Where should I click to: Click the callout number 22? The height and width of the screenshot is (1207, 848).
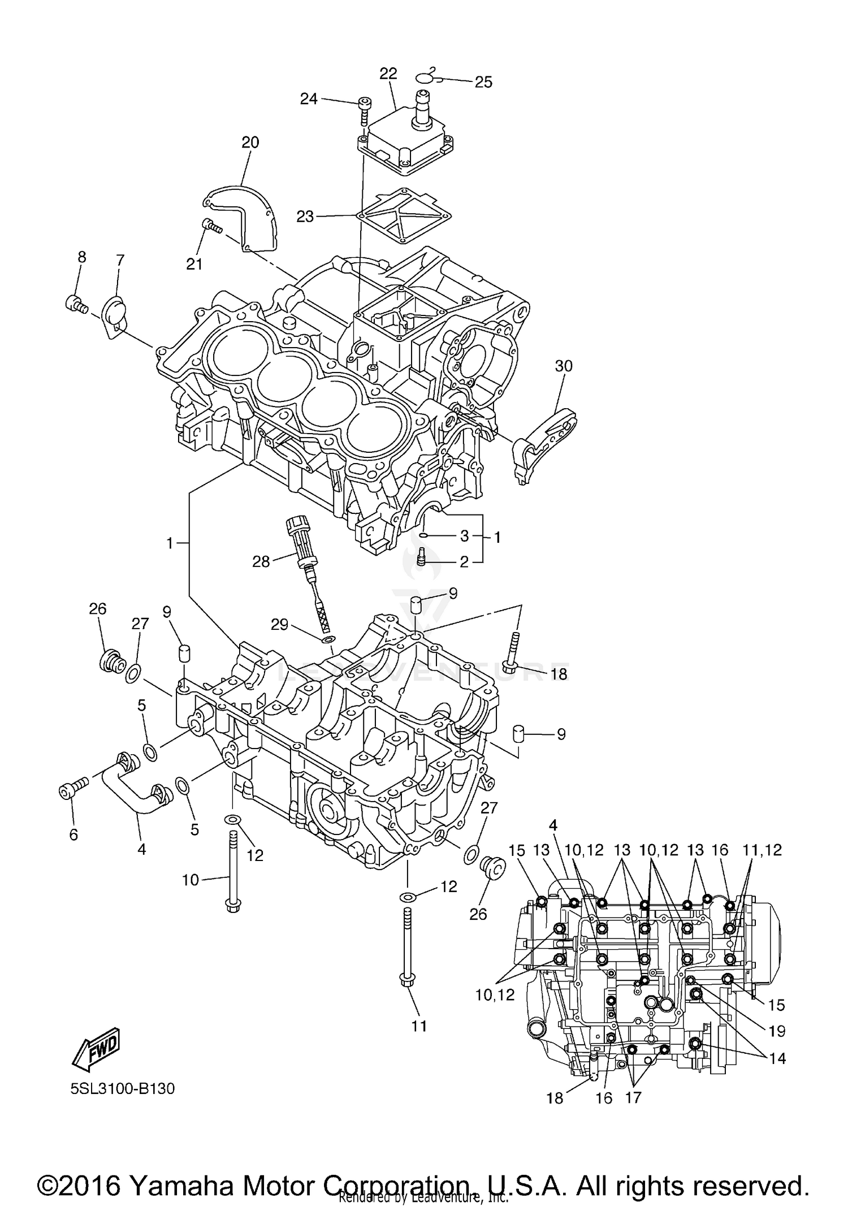pos(388,74)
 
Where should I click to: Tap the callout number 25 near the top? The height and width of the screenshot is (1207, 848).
pos(483,83)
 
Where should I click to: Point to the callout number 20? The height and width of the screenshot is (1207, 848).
pos(250,142)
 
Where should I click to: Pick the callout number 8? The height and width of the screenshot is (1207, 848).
pos(81,257)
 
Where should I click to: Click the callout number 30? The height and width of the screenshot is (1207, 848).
pos(564,366)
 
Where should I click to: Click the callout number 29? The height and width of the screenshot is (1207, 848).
pos(279,625)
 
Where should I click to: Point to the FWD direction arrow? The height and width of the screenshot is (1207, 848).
pos(96,1049)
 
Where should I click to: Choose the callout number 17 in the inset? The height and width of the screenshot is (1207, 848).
pos(633,1097)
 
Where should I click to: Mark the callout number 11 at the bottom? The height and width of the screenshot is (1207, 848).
pos(419,1026)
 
